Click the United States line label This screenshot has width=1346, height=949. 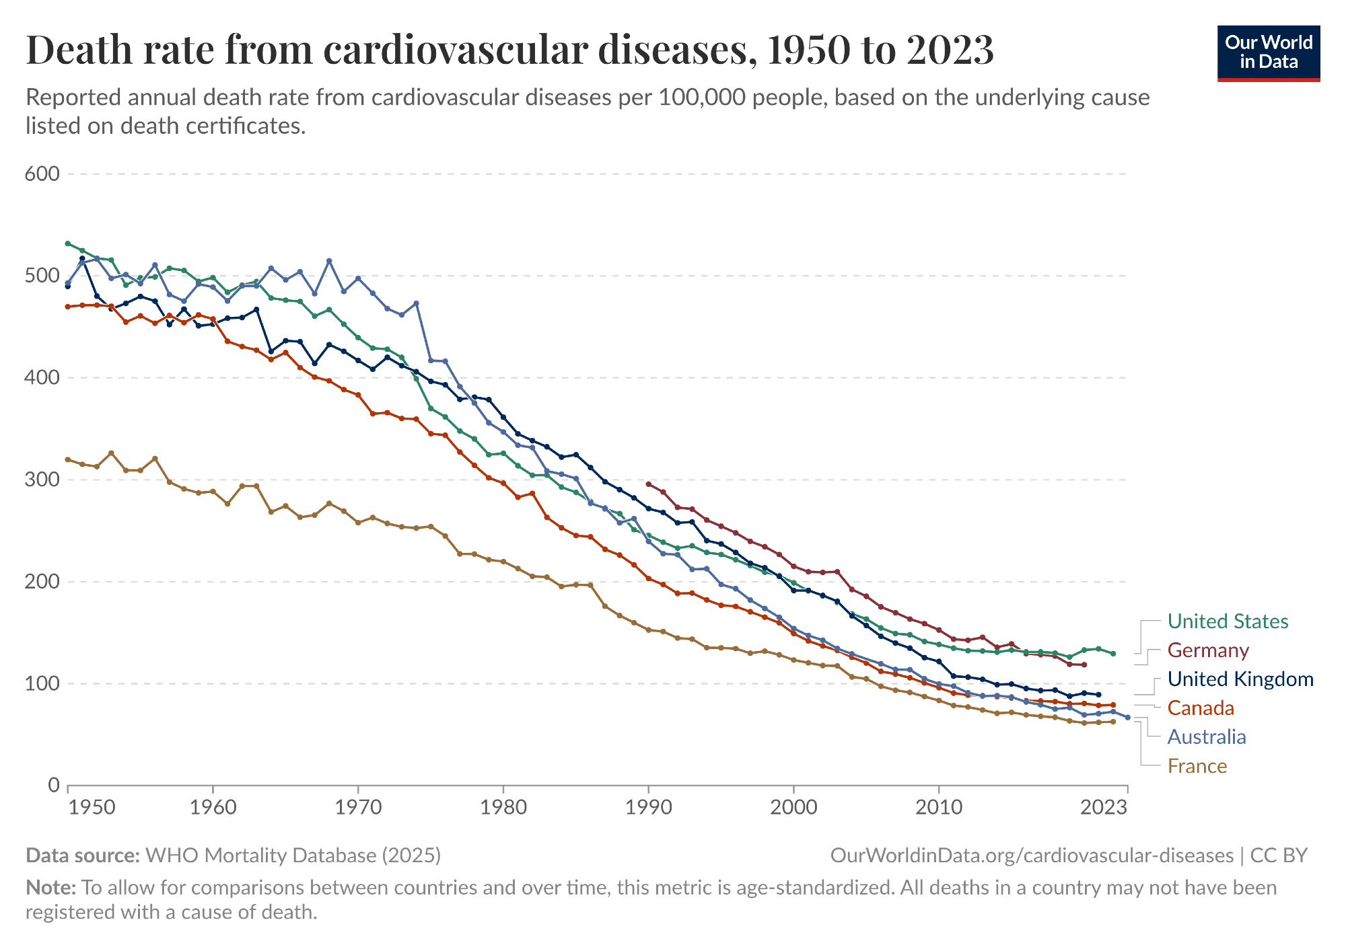tap(1228, 621)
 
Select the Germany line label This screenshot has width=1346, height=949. tap(1208, 650)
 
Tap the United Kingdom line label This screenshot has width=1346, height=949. tap(1240, 679)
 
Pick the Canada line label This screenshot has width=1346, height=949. tap(1201, 708)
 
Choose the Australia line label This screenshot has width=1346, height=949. tap(1207, 737)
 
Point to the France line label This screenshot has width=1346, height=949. tap(1197, 766)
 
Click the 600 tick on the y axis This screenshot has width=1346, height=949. tap(42, 174)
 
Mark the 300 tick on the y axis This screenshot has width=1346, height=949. tap(42, 480)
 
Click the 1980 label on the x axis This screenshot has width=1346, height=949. tap(503, 807)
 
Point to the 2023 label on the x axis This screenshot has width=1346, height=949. tap(1104, 807)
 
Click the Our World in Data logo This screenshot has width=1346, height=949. tap(1269, 53)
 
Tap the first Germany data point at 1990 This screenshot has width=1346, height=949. tap(648, 484)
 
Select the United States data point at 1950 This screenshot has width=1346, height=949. tap(68, 243)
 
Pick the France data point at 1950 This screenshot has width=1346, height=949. tap(68, 459)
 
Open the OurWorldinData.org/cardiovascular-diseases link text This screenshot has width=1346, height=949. tap(1032, 856)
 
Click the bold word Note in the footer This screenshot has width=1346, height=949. tap(50, 888)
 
